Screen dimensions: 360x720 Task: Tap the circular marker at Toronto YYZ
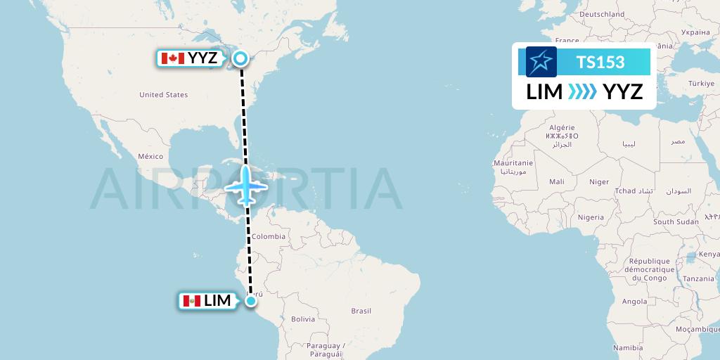pos(240,58)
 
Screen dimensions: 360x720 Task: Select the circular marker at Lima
pos(252,302)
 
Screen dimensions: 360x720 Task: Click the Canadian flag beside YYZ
pos(172,58)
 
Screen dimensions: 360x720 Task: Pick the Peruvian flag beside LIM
pos(191,301)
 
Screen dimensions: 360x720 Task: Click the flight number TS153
pos(600,62)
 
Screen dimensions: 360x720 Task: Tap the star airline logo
pos(541,62)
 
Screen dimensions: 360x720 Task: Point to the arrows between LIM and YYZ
pos(582,91)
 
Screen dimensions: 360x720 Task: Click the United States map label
pos(163,95)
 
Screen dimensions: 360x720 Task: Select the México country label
pos(150,156)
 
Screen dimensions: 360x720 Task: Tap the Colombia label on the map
pos(269,236)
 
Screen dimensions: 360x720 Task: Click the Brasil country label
pos(361,310)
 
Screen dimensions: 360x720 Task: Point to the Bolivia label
pos(303,319)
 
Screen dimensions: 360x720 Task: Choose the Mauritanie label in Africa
pos(513,163)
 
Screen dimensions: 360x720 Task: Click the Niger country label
pos(599,181)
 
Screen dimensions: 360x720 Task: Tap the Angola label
pos(635,301)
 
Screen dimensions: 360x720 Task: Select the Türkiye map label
pos(700,83)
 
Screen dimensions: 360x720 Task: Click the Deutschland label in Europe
pos(602,14)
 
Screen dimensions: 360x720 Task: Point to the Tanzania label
pos(698,278)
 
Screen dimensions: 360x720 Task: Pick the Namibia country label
pos(627,347)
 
